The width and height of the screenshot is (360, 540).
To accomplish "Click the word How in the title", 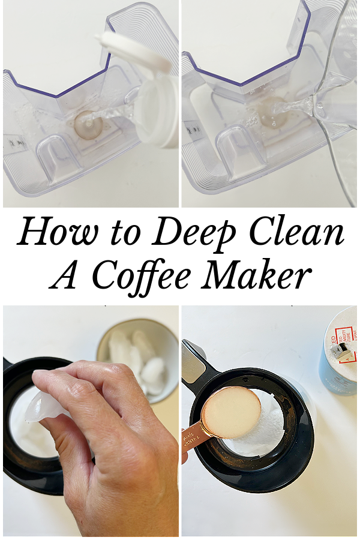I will click(x=57, y=232).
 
